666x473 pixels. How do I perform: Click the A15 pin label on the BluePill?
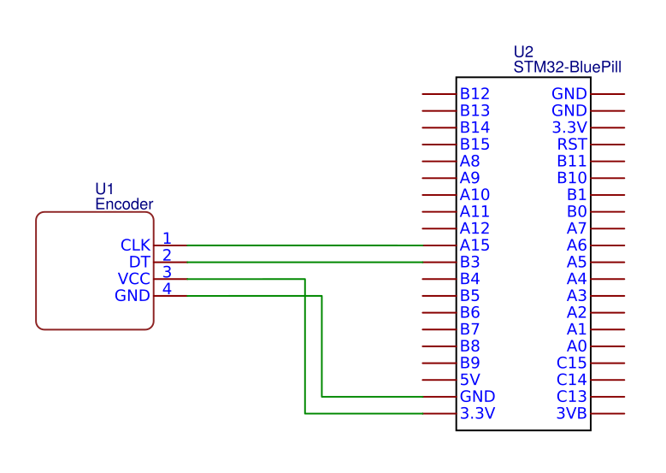[x=474, y=245]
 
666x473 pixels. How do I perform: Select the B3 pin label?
[x=469, y=262]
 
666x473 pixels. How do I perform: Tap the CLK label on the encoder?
[x=136, y=245]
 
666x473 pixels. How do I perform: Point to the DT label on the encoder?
[x=140, y=262]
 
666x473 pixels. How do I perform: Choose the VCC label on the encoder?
[x=134, y=279]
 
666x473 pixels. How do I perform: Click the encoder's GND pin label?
[x=133, y=296]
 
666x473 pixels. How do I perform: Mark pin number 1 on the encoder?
[x=167, y=238]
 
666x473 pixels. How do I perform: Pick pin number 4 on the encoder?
[x=167, y=288]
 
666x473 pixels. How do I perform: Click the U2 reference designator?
[x=523, y=52]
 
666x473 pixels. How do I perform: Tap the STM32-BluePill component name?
[x=567, y=66]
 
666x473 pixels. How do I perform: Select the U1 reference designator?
[x=104, y=189]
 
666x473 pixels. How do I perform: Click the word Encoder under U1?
[x=124, y=204]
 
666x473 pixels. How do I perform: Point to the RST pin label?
[x=572, y=145]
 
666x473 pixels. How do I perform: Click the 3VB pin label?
[x=571, y=414]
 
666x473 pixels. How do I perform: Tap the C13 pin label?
[x=571, y=397]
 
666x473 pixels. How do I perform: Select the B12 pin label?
[x=474, y=94]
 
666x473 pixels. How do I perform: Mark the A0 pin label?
[x=577, y=346]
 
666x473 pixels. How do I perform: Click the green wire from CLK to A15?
[x=299, y=245]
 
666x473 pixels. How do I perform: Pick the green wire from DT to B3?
[x=299, y=262]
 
